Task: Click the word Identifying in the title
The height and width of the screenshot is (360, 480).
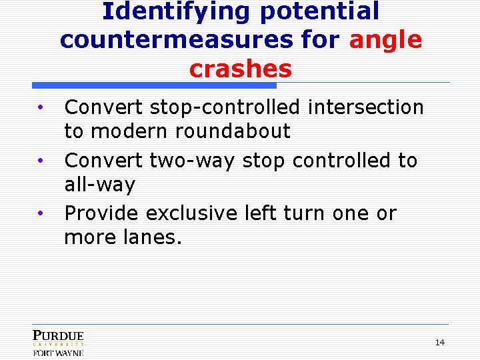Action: [x=177, y=11]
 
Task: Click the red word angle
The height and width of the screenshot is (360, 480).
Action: [x=385, y=40]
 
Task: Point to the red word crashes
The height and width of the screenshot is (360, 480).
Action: [x=240, y=69]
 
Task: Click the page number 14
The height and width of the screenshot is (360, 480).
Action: [x=439, y=343]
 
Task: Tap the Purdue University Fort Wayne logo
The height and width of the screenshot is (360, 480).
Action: [x=59, y=343]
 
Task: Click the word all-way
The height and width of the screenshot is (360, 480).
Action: [x=99, y=185]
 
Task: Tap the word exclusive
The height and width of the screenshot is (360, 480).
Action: [x=191, y=213]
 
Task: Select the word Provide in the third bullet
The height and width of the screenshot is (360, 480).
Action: [x=102, y=213]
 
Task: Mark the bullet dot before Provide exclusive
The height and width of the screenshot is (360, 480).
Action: [x=41, y=214]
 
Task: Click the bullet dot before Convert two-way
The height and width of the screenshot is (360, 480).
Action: [x=41, y=161]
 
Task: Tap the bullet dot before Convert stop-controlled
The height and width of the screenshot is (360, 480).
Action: [x=41, y=107]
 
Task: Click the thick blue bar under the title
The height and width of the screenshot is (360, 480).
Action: [x=154, y=85]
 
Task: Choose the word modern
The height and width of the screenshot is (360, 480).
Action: [x=129, y=131]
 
